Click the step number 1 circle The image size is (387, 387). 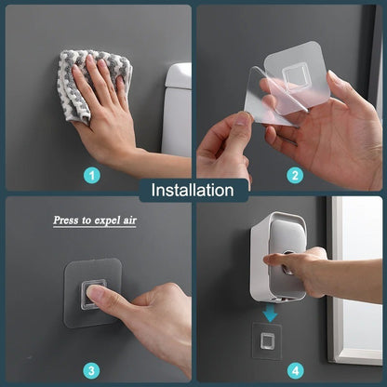(92, 174)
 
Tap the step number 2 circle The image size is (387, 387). (296, 174)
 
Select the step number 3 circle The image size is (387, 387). (92, 369)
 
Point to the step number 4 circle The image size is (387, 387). (296, 369)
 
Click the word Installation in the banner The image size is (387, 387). (193, 191)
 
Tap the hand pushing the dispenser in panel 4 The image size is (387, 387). (312, 270)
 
